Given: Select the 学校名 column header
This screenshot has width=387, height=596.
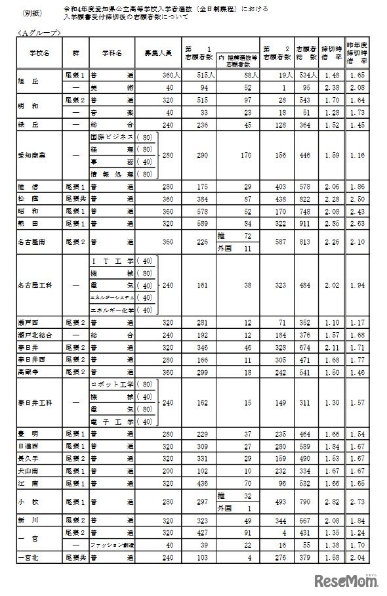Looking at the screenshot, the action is point(31,51).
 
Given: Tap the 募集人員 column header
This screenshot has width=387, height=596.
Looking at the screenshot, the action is point(156,51).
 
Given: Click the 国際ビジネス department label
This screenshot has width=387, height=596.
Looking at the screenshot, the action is point(112,138).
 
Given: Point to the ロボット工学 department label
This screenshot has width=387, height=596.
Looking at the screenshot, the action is point(112,384).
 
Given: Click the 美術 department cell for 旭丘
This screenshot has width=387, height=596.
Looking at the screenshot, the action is point(113,87).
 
